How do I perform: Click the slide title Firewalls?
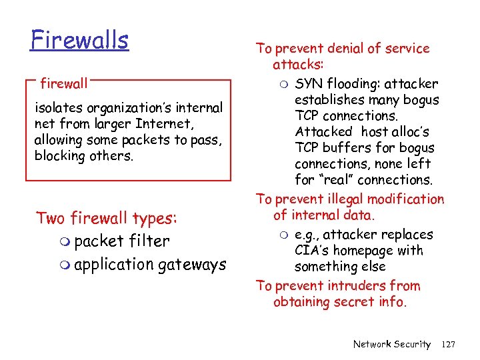point(79,41)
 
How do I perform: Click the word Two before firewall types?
point(51,219)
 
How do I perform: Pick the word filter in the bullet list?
point(149,241)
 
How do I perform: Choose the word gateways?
point(192,265)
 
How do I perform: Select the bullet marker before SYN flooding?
point(284,85)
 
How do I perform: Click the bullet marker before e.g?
point(284,235)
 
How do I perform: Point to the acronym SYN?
point(309,84)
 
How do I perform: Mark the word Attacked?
point(323,132)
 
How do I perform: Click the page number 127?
point(448,344)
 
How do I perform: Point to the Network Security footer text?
point(392,344)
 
